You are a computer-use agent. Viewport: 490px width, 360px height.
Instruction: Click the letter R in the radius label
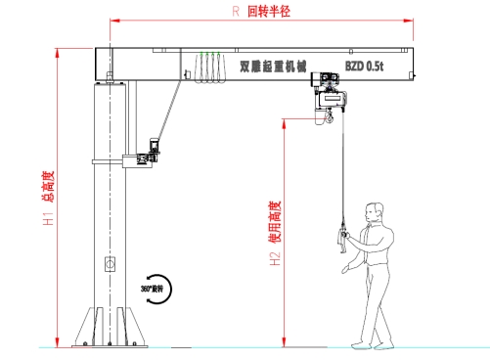click(x=235, y=12)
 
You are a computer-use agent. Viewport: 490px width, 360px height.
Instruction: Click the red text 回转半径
click(x=270, y=12)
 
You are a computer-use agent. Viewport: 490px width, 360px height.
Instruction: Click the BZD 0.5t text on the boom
click(x=365, y=67)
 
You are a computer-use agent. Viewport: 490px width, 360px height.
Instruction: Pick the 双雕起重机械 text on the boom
click(x=273, y=67)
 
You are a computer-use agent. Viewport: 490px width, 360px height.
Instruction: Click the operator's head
click(x=373, y=210)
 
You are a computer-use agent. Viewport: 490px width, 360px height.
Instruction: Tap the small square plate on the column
click(x=109, y=263)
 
